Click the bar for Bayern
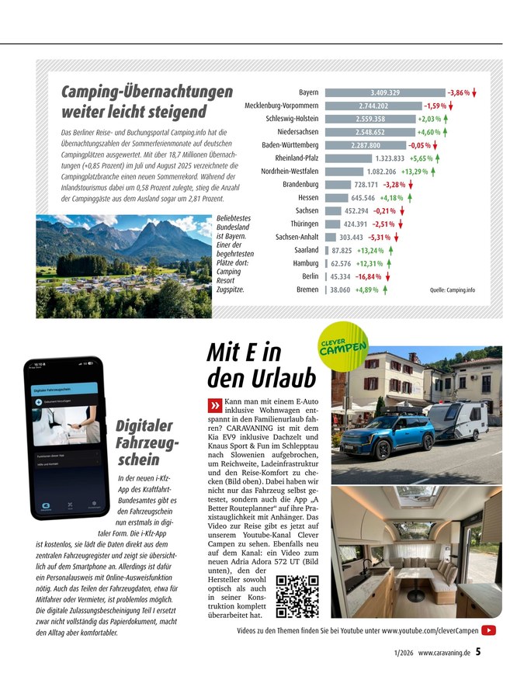pos(384,92)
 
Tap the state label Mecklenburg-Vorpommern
pos(281,106)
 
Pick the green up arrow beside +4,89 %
pos(385,290)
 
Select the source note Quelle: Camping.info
pos(452,290)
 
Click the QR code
pos(297,595)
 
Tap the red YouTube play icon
pos(489,630)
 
